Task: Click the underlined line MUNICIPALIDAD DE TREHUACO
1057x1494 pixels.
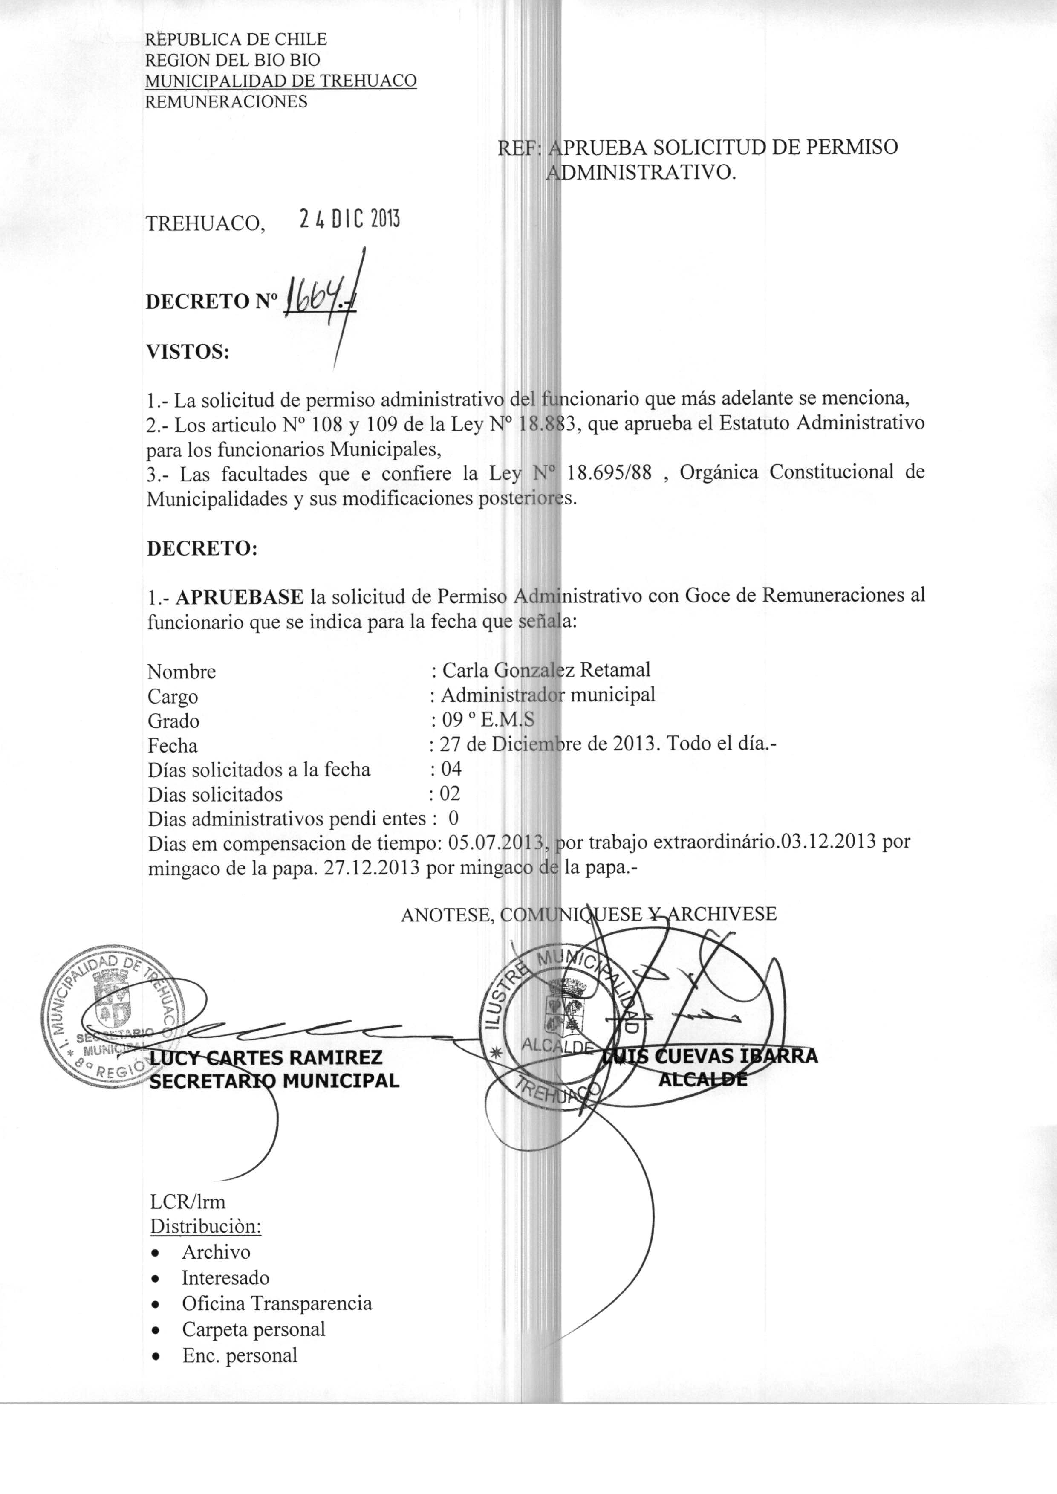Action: (x=280, y=81)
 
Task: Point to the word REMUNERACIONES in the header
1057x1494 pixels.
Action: (x=226, y=101)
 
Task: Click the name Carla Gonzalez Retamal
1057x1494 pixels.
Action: (x=546, y=669)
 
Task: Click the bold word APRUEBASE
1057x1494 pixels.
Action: (x=240, y=596)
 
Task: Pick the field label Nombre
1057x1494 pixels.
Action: (x=182, y=671)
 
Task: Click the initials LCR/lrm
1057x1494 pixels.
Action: (x=188, y=1201)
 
